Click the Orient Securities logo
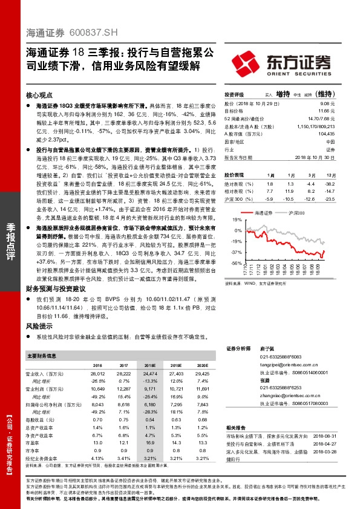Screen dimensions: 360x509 tap(282, 63)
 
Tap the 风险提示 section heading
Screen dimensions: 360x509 tap(39, 326)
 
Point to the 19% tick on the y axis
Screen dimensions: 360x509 tap(237, 221)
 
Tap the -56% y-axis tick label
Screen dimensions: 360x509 tap(235, 264)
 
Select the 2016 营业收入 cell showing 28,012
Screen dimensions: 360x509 tap(97, 375)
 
